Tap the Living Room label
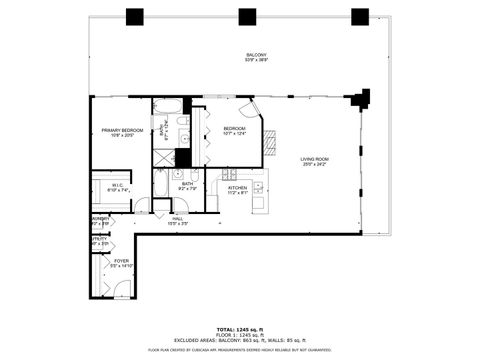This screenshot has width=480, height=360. [x=315, y=161]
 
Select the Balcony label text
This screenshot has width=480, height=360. [x=257, y=57]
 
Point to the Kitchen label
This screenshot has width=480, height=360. [x=237, y=189]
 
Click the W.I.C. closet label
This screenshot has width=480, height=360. [x=118, y=187]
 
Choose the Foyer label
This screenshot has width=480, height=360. [x=120, y=264]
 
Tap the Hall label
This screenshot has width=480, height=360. [x=178, y=219]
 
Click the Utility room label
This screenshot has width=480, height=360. [x=99, y=241]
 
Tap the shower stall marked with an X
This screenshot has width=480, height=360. [x=163, y=158]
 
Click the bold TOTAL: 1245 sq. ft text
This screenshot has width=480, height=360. [x=239, y=328]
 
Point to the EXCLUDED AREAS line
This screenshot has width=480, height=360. [x=239, y=340]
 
